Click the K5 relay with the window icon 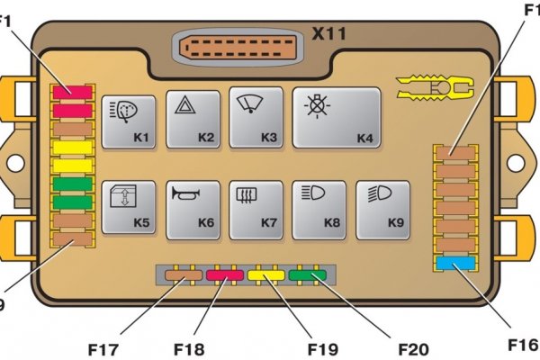(x=129, y=210)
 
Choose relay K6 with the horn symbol (x=193, y=210)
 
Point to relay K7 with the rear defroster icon (x=256, y=210)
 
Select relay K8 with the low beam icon (x=319, y=210)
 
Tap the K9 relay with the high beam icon (x=382, y=210)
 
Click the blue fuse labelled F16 (x=454, y=264)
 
